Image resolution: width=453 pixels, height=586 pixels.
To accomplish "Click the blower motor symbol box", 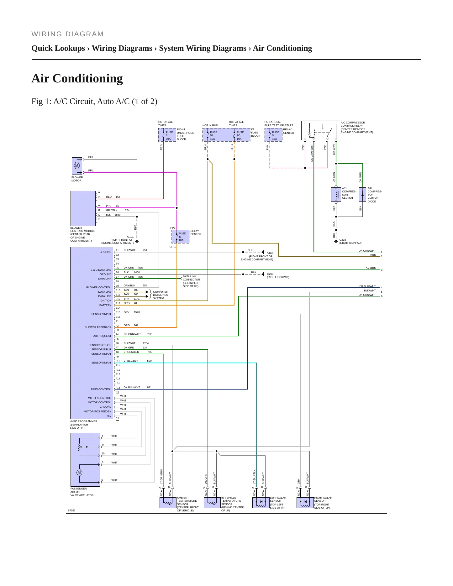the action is (77, 166).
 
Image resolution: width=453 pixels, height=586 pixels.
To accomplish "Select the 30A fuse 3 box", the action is (167, 135).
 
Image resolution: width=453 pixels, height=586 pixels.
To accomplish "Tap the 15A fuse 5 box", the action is (273, 135).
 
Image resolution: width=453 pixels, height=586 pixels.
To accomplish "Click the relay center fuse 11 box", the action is (180, 237).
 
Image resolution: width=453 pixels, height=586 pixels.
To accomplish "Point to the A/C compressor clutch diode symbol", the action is (362, 195).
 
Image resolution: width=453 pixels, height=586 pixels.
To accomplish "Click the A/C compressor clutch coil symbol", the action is (336, 195).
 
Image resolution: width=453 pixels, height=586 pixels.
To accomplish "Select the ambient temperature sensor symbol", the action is (168, 503).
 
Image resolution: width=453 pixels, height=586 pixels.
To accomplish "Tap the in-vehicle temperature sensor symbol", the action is (212, 503).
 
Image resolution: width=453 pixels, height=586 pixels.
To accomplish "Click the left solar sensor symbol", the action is (261, 503).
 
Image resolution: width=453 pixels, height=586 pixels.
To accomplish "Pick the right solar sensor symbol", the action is (305, 503).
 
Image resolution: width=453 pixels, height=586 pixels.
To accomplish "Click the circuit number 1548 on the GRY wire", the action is (137, 312).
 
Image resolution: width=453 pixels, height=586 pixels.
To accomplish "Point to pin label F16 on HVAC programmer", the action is (118, 388).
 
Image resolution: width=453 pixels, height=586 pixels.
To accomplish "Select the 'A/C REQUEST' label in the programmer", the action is (102, 336).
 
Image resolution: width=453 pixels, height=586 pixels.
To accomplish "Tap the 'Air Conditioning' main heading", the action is (77, 78).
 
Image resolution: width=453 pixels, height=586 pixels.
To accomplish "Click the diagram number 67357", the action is (72, 510).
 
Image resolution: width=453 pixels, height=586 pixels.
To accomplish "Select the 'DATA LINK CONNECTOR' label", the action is (191, 278).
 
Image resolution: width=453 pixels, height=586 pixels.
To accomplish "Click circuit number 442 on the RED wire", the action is (118, 197).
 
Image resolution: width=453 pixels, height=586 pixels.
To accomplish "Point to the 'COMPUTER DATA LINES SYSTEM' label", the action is (161, 295).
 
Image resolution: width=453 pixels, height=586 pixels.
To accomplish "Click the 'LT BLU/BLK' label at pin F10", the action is (131, 361).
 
